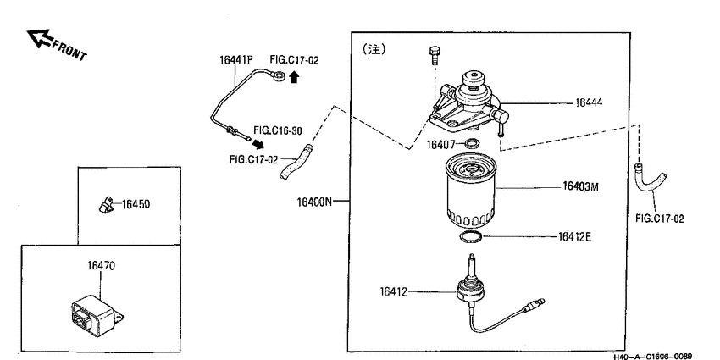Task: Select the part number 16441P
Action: click(236, 60)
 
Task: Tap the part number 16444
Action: click(589, 102)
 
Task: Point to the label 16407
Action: click(440, 145)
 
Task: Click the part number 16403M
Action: click(580, 187)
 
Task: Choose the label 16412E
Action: click(574, 237)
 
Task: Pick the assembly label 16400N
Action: click(314, 202)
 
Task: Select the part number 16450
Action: click(136, 204)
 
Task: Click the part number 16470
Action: click(102, 266)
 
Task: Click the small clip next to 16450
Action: click(106, 205)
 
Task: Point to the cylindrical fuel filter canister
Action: click(471, 191)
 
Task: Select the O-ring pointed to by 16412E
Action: click(471, 237)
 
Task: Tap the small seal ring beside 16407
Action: click(472, 144)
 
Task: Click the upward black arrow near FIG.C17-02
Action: click(294, 77)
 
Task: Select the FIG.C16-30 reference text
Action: click(278, 130)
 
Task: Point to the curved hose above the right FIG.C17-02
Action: click(651, 179)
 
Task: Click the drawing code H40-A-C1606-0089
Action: click(652, 356)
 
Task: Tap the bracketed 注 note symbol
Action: click(374, 49)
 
